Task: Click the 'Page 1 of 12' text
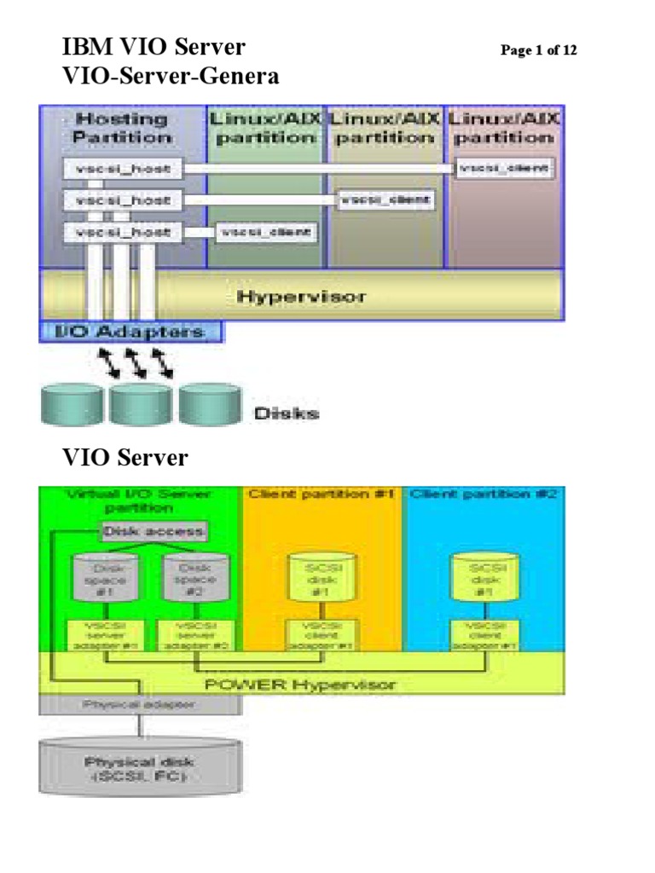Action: click(538, 51)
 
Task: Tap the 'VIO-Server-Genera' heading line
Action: click(171, 78)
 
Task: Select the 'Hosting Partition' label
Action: click(120, 128)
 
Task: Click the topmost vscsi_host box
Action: click(121, 169)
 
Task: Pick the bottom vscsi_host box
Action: click(121, 231)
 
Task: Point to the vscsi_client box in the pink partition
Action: click(505, 169)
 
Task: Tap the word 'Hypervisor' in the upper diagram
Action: click(301, 297)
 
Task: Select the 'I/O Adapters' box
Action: click(130, 331)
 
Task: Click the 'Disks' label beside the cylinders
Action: click(286, 413)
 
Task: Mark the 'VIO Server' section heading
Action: click(125, 458)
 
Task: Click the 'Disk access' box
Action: click(154, 532)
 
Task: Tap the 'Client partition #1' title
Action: click(322, 494)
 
